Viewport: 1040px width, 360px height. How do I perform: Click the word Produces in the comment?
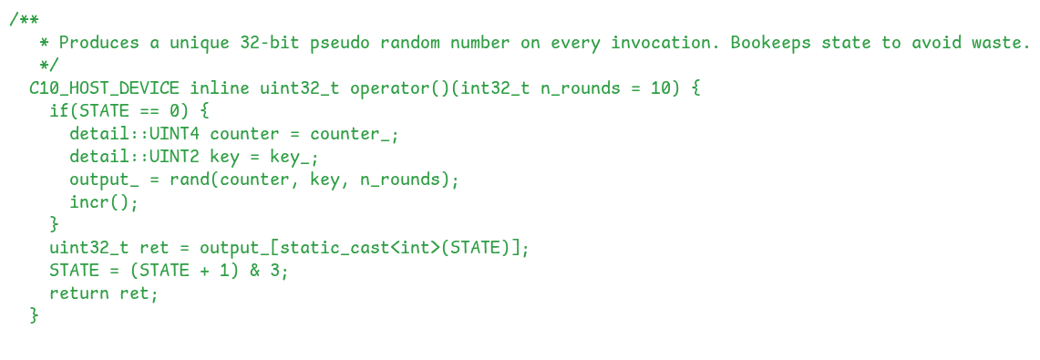(x=99, y=44)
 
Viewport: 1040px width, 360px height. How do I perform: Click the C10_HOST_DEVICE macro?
(x=104, y=89)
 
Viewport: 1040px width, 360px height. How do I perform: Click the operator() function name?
(x=400, y=89)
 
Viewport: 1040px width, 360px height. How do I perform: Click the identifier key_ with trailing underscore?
(x=294, y=157)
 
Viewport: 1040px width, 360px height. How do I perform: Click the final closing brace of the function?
(x=35, y=316)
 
